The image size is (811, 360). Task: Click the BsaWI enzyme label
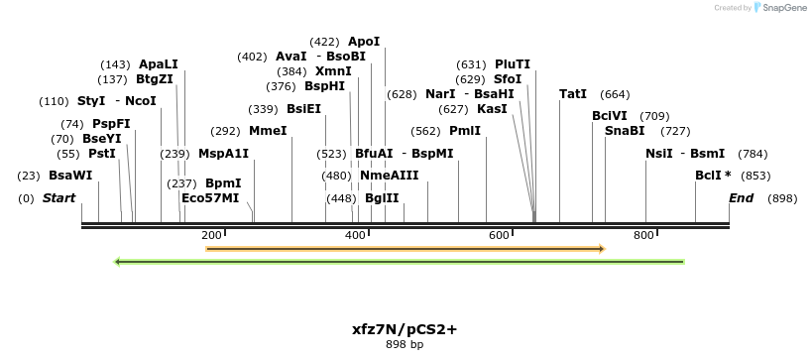(x=70, y=176)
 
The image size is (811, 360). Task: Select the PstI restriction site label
(x=102, y=154)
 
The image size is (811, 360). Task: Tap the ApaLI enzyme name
(x=159, y=64)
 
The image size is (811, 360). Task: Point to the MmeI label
(x=268, y=131)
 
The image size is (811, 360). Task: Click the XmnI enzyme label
(x=333, y=71)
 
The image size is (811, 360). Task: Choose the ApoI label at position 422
(x=364, y=42)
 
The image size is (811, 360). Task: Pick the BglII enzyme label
(x=382, y=198)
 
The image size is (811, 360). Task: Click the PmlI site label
(x=465, y=131)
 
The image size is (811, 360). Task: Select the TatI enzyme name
(x=573, y=94)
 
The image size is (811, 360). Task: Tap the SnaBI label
(x=625, y=131)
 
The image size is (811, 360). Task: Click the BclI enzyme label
(x=710, y=176)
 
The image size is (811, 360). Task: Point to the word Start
(x=58, y=198)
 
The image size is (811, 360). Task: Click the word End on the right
(x=742, y=198)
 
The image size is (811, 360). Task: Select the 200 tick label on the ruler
(x=211, y=235)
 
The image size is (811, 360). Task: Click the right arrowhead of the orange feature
(x=601, y=248)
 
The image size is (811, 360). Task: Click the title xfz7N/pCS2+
(x=405, y=328)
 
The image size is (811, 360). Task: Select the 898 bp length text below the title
(x=405, y=345)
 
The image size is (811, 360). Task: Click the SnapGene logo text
(x=782, y=8)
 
